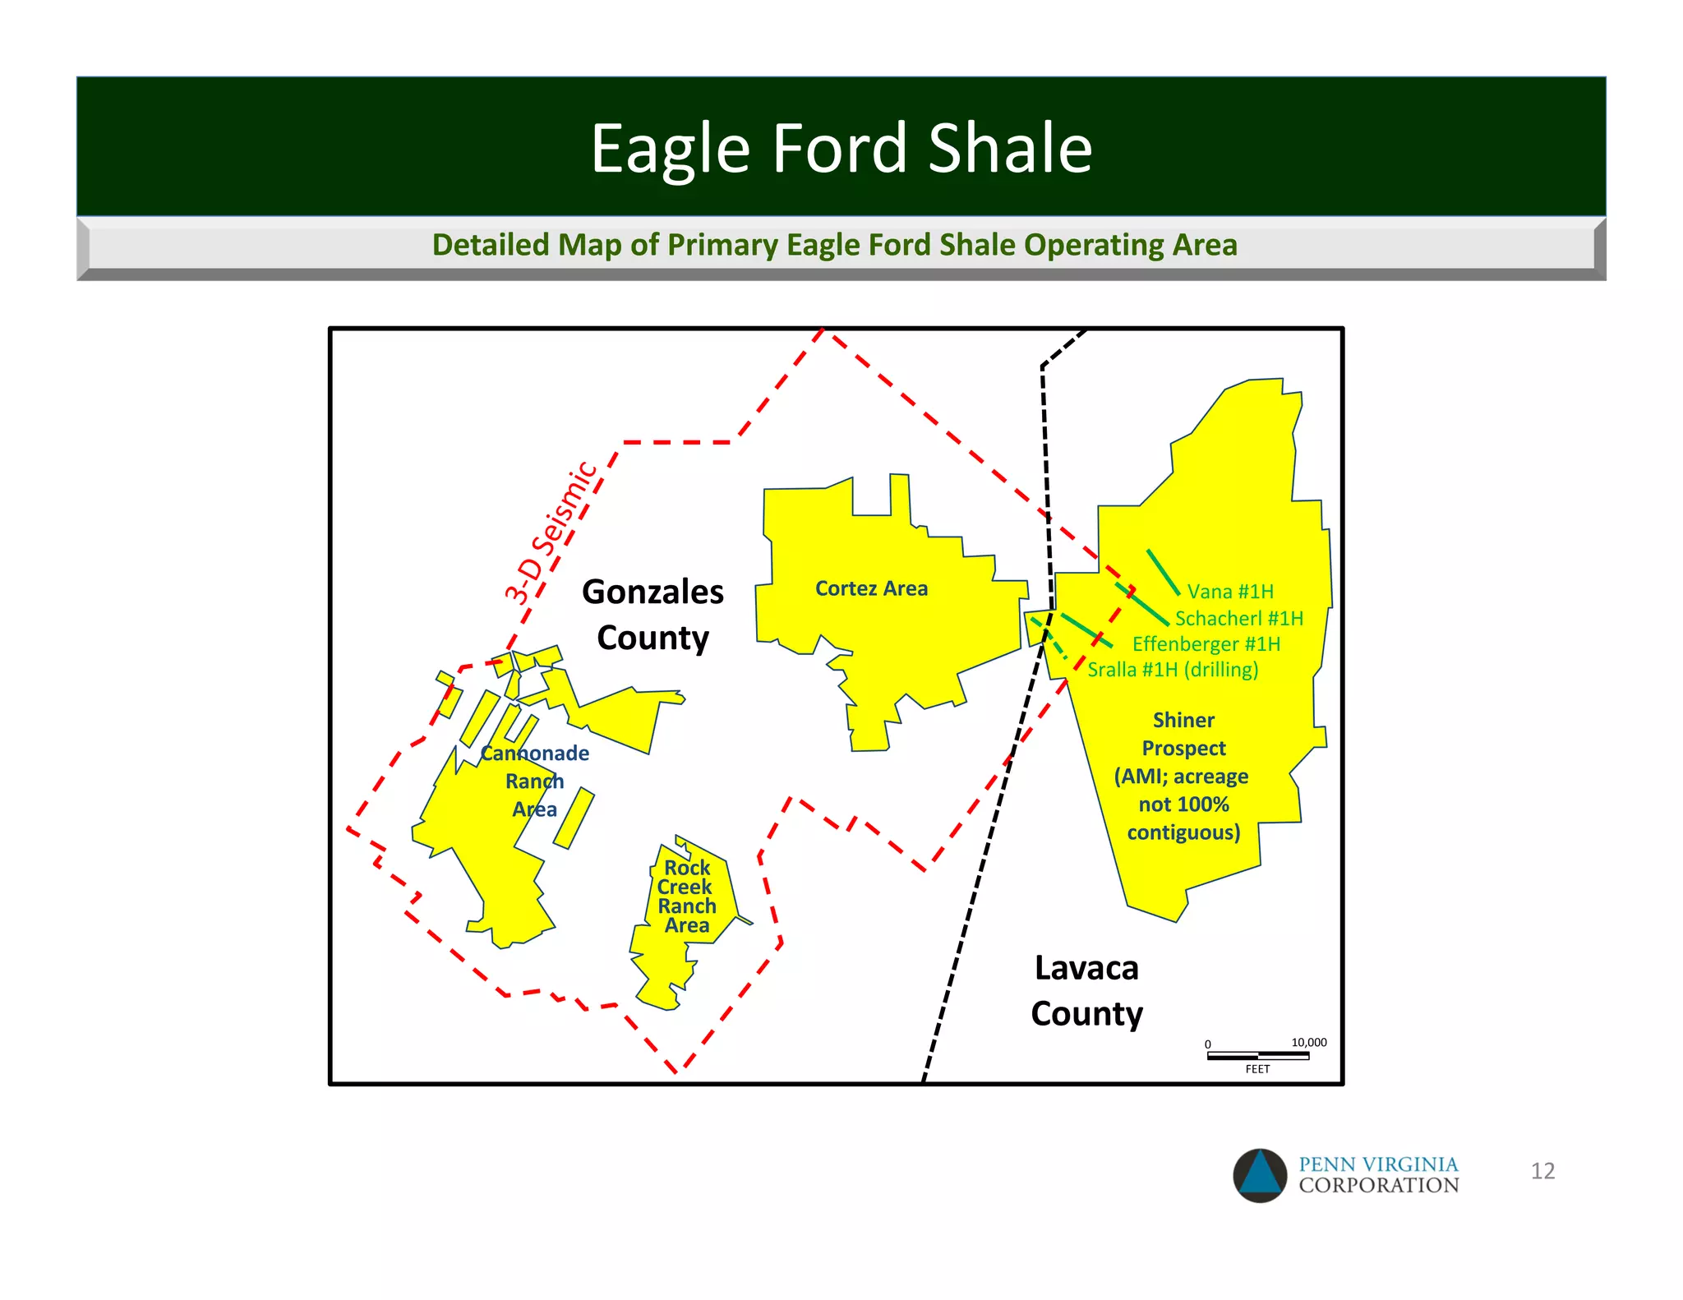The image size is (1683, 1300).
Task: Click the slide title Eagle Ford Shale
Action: point(841,148)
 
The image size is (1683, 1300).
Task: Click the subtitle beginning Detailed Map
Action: point(834,245)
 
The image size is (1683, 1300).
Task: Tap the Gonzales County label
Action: point(652,615)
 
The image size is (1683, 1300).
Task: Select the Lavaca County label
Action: point(1086,990)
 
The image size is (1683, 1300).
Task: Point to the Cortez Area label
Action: point(871,588)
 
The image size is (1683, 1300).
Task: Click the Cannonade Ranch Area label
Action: point(535,781)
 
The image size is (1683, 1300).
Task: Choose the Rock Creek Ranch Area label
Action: point(687,897)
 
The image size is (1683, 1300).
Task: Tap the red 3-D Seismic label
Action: point(551,532)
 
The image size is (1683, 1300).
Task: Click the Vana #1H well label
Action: point(1230,592)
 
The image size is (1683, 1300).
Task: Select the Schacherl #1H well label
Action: point(1238,618)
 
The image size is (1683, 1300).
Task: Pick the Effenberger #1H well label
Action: point(1206,644)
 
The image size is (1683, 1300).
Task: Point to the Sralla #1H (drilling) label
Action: point(1173,670)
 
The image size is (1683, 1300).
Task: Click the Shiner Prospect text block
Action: point(1183,776)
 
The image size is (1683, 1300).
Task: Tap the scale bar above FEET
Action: point(1257,1056)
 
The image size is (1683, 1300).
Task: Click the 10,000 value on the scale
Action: point(1308,1042)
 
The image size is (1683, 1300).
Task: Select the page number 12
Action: point(1542,1171)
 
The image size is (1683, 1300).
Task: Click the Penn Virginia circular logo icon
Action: point(1260,1175)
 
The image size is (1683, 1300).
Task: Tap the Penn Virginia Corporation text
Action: point(1378,1175)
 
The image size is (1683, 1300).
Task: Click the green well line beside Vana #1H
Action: point(1163,572)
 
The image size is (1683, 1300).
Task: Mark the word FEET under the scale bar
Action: point(1257,1069)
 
